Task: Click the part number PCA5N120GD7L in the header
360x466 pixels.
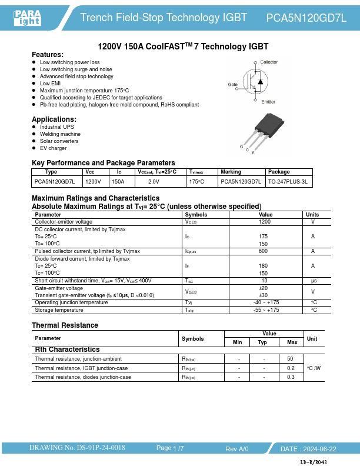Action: pos(306,18)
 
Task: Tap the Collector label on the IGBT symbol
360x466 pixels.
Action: pos(269,62)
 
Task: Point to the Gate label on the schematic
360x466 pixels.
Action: pos(232,85)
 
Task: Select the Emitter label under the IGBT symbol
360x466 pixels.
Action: pos(268,102)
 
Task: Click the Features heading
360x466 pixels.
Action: pos(48,54)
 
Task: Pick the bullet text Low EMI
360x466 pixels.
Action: pos(50,84)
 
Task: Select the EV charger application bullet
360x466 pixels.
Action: pos(53,148)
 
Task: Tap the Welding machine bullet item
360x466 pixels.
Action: pos(60,134)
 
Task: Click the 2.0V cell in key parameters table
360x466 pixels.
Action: pos(154,182)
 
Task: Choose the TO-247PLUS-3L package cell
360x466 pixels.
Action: pos(288,182)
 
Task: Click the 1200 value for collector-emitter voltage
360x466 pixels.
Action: pos(264,222)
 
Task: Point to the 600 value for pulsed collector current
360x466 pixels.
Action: pos(264,251)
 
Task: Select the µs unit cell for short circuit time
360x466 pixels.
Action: pos(314,281)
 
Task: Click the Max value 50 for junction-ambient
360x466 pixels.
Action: pos(290,358)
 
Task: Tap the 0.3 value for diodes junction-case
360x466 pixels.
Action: pos(290,377)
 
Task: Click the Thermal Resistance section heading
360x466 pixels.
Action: pos(65,325)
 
